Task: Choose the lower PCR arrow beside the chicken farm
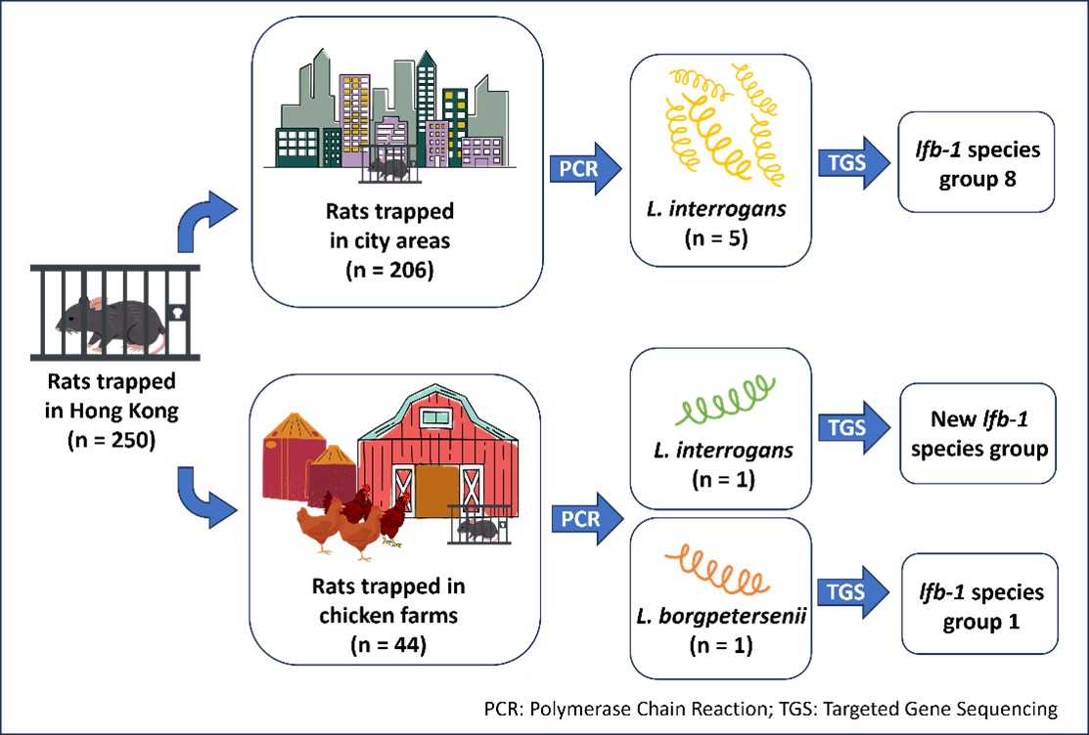tap(585, 518)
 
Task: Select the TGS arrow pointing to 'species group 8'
tap(852, 162)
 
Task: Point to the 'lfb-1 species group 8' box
tap(976, 162)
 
